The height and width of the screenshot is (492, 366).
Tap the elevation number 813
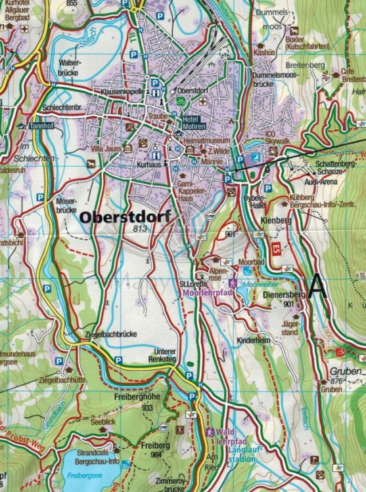[x=139, y=228]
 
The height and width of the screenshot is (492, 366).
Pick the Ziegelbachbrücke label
[x=110, y=335]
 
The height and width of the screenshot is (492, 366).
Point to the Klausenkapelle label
[x=123, y=94]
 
